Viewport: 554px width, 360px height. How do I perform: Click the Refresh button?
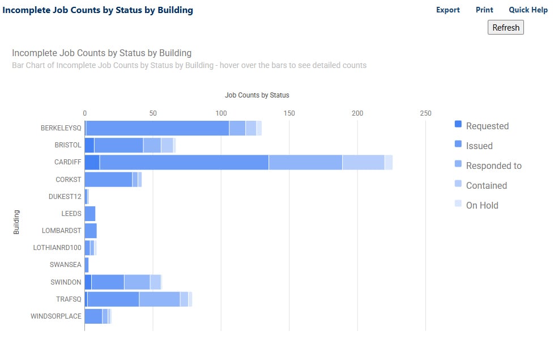(x=505, y=27)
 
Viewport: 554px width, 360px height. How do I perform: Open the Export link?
(x=448, y=10)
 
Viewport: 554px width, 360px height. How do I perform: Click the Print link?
(x=484, y=10)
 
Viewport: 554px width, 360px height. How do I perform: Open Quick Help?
(x=527, y=10)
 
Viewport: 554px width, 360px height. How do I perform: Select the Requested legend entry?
(x=487, y=126)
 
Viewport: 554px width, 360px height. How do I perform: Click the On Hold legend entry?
(x=481, y=205)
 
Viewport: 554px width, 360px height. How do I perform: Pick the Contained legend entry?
(x=485, y=185)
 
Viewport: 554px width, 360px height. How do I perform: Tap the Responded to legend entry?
(x=493, y=166)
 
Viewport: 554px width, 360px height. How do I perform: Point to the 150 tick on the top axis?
(x=289, y=113)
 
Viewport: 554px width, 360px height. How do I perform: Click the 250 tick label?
(x=425, y=113)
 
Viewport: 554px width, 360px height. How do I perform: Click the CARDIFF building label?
(x=68, y=162)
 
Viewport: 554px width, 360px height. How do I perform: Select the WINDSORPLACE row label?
(x=56, y=316)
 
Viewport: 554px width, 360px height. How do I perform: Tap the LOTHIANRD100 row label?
(x=58, y=248)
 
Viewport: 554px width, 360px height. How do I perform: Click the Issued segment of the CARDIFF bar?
(x=184, y=162)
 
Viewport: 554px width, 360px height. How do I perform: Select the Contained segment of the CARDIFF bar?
(x=363, y=162)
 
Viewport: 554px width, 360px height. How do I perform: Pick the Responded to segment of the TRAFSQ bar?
(x=159, y=299)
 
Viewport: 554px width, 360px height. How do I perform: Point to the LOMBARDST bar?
(x=91, y=231)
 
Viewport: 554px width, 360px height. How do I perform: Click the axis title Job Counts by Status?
(x=257, y=95)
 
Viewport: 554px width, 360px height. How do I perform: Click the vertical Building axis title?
(x=16, y=222)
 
